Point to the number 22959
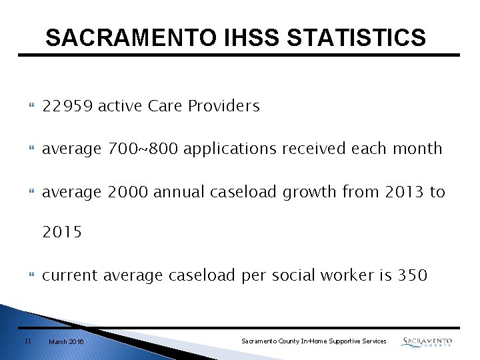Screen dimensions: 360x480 pyautogui.click(x=67, y=106)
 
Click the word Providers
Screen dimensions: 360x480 pyautogui.click(x=224, y=106)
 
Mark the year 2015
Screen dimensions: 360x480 pyautogui.click(x=62, y=233)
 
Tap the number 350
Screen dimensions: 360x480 pyautogui.click(x=412, y=275)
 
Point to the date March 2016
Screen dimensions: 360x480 pyautogui.click(x=67, y=341)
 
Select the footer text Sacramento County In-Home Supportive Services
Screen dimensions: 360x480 pyautogui.click(x=313, y=341)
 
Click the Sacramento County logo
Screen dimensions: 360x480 pyautogui.click(x=427, y=341)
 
